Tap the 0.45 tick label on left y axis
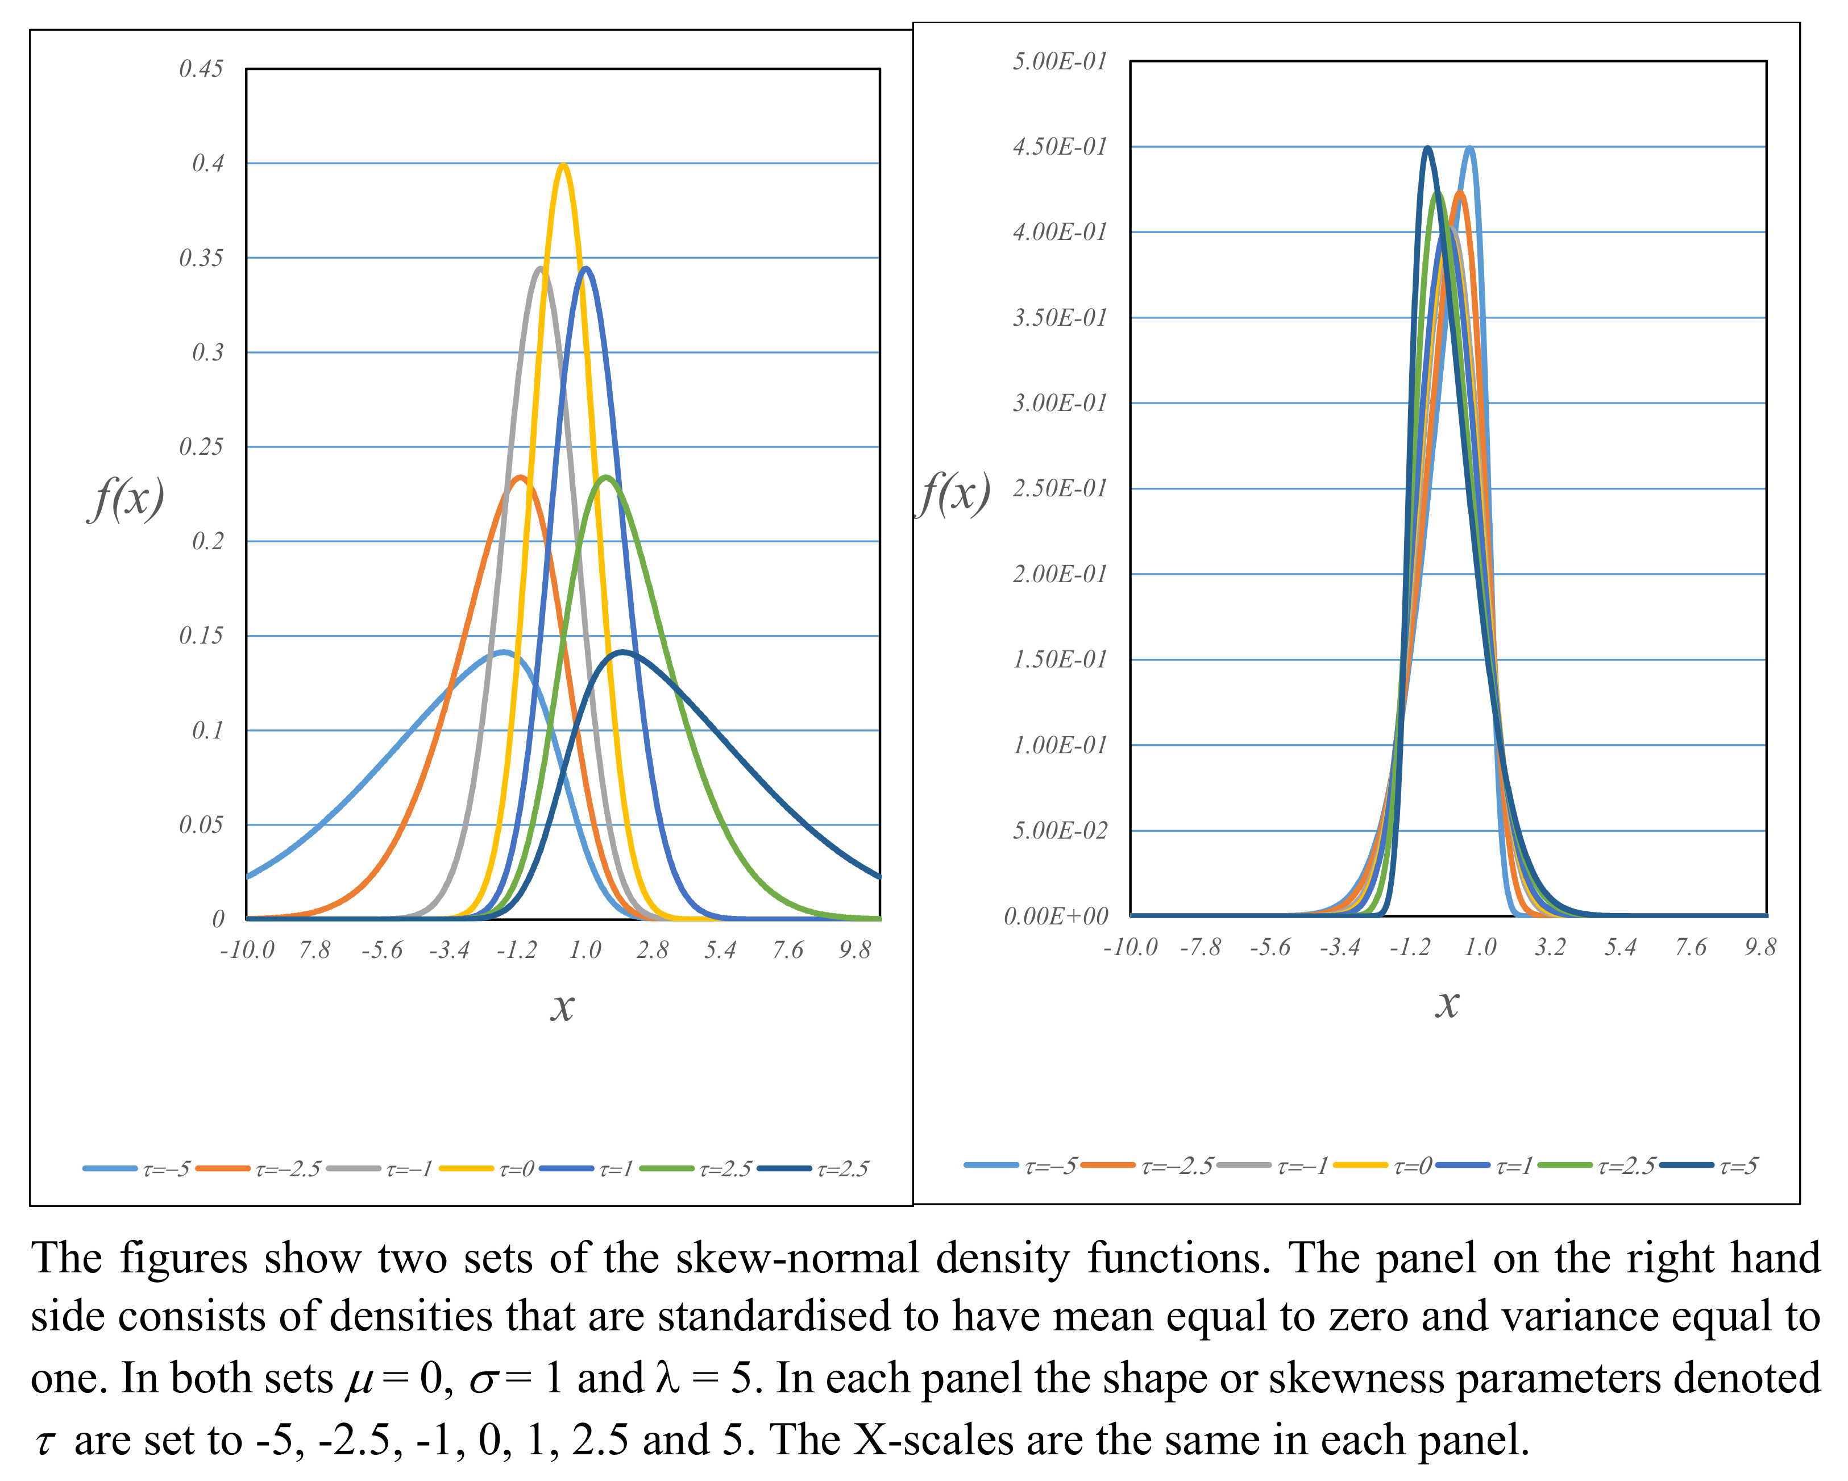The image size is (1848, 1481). point(201,69)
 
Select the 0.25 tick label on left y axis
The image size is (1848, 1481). point(201,446)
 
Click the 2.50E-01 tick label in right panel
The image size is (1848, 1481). point(1060,488)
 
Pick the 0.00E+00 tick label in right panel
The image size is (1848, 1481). point(1056,916)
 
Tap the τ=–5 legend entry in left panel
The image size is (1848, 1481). point(137,1169)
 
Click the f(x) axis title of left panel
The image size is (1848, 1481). point(126,497)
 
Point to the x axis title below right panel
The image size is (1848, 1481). point(1447,1003)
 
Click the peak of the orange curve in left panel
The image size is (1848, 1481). point(520,478)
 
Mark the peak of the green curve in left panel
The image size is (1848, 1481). point(606,478)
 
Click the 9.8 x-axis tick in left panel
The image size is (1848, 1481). point(854,949)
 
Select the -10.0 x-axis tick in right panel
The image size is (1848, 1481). point(1129,947)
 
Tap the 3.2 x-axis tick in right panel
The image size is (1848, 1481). point(1550,947)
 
